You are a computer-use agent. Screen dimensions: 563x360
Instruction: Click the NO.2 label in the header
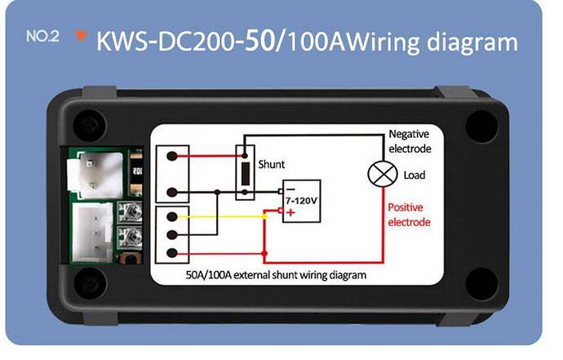[x=42, y=36]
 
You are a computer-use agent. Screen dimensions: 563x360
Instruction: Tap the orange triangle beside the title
[x=81, y=36]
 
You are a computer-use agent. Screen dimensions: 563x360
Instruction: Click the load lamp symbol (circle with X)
[x=383, y=174]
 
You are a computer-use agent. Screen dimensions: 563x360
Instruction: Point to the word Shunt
[x=271, y=165]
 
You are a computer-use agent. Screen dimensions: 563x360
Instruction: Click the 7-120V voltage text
[x=302, y=201]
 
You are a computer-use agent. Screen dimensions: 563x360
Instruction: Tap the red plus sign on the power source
[x=290, y=212]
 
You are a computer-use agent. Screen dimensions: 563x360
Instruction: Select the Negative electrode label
[x=410, y=141]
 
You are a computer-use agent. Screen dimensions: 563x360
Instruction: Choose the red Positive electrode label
[x=409, y=215]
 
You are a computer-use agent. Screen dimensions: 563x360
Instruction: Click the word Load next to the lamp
[x=414, y=176]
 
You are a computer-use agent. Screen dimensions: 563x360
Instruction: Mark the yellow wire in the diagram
[x=220, y=216]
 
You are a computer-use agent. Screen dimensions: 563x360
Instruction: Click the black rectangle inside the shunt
[x=246, y=174]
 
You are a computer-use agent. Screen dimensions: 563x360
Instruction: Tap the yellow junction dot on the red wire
[x=264, y=216]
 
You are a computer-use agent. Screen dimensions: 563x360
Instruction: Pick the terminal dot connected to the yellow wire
[x=172, y=216]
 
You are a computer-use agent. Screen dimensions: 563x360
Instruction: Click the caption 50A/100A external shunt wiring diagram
[x=276, y=275]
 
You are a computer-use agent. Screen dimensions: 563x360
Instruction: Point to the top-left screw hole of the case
[x=90, y=125]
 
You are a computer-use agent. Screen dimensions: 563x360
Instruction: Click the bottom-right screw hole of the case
[x=481, y=283]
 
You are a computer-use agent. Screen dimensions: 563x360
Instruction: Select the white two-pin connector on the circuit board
[x=95, y=175]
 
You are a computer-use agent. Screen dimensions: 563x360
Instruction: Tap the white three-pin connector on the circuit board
[x=92, y=233]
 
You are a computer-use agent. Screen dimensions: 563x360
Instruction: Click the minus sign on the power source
[x=290, y=189]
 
